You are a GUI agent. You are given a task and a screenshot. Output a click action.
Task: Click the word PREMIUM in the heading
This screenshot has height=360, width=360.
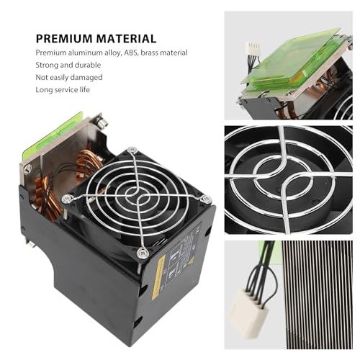[64, 39]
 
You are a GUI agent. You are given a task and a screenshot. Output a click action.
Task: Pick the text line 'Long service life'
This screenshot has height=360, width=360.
[63, 90]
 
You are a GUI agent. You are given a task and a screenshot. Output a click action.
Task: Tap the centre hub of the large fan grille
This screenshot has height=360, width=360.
[135, 194]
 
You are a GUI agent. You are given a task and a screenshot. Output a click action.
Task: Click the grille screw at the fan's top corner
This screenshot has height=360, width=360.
[132, 150]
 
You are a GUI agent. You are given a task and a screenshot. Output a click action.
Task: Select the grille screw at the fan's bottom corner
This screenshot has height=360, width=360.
[141, 253]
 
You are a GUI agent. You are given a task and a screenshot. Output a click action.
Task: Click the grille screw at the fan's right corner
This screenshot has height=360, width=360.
[206, 199]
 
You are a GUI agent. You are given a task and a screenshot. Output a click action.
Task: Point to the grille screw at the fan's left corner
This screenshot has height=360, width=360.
[66, 199]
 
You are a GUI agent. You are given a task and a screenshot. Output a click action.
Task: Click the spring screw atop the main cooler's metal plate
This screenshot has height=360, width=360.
[102, 122]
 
